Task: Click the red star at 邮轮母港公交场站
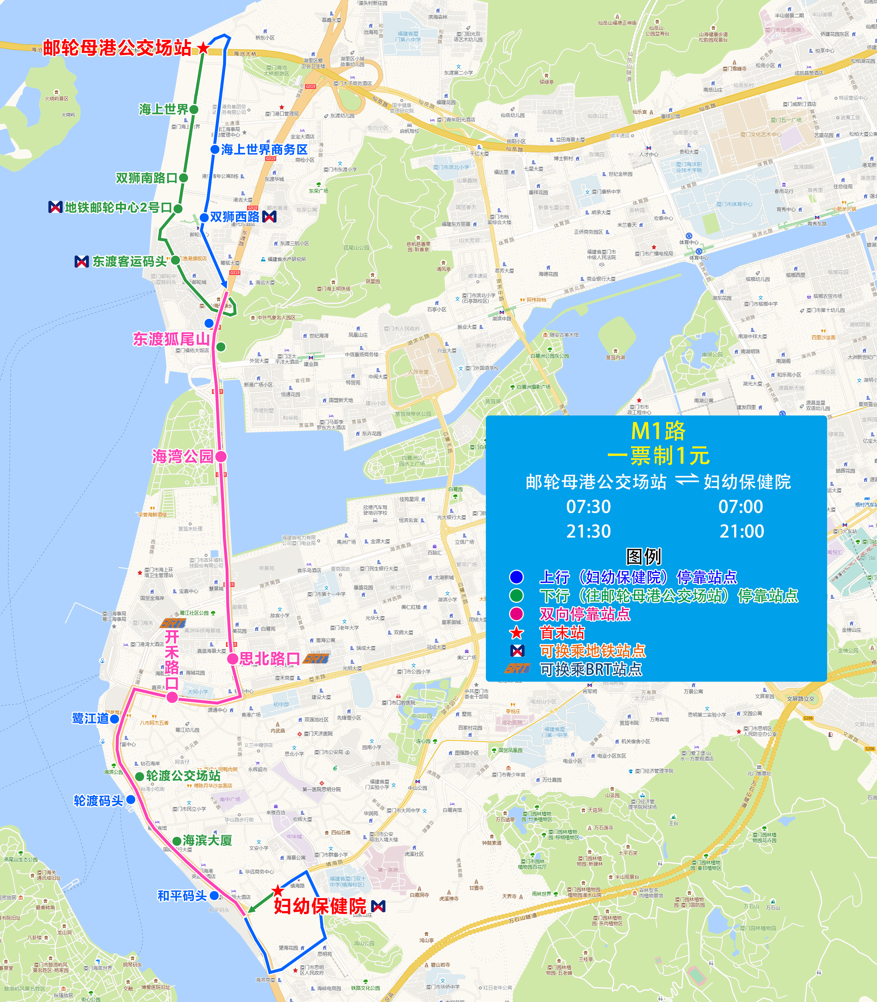pos(203,48)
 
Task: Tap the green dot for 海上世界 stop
pos(194,110)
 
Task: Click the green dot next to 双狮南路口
pos(184,178)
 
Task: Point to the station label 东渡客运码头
pos(129,262)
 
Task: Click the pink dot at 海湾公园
pos(221,456)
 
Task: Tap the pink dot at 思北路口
pos(233,659)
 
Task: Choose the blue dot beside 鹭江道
pos(114,719)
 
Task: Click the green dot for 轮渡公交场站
pos(140,776)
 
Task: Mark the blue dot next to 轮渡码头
pos(131,799)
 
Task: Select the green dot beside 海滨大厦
pos(177,841)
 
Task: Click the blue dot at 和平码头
pos(214,895)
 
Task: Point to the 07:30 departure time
pos(588,507)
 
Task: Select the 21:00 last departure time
pos(741,531)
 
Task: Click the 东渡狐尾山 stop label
pos(171,339)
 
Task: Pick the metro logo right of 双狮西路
pos(270,216)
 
